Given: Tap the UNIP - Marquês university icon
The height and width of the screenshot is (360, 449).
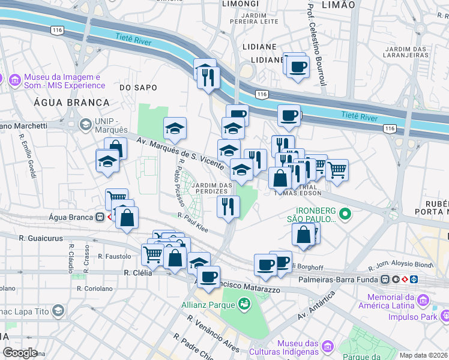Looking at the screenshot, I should tap(85, 125).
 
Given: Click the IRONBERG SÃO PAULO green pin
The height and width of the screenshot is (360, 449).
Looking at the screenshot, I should tap(345, 213).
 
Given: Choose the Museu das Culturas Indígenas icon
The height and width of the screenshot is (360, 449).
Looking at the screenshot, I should tap(328, 346).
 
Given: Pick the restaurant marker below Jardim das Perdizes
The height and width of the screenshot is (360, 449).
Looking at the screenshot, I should tap(228, 207).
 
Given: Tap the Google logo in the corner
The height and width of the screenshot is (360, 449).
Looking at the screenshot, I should tap(19, 353).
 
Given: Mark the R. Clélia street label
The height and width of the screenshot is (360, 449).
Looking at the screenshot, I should tap(136, 272).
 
